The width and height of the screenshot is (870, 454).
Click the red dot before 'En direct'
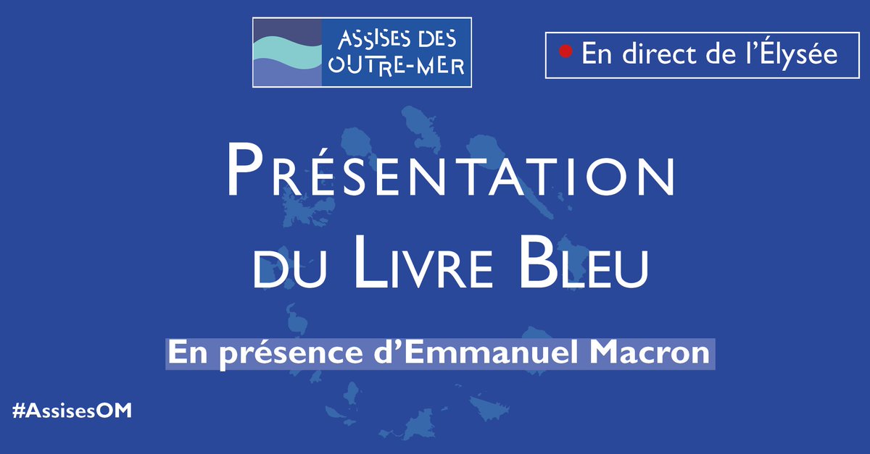[x=567, y=52]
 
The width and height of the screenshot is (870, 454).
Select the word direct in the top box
[x=653, y=54]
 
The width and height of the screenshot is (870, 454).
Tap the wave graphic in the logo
[x=286, y=53]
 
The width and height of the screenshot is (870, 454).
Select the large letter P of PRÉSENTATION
[x=244, y=171]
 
